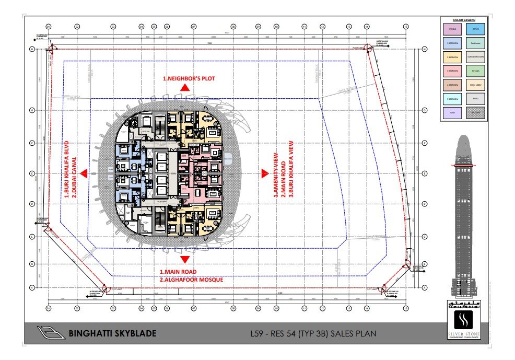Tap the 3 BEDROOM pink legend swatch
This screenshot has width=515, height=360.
pos(452,71)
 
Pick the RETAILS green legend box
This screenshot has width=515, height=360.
pos(475,71)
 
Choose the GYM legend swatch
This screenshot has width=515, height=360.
pos(452,111)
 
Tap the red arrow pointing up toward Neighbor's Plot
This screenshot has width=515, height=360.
pos(185,88)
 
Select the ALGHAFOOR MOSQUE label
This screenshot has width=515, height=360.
pos(192,280)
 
